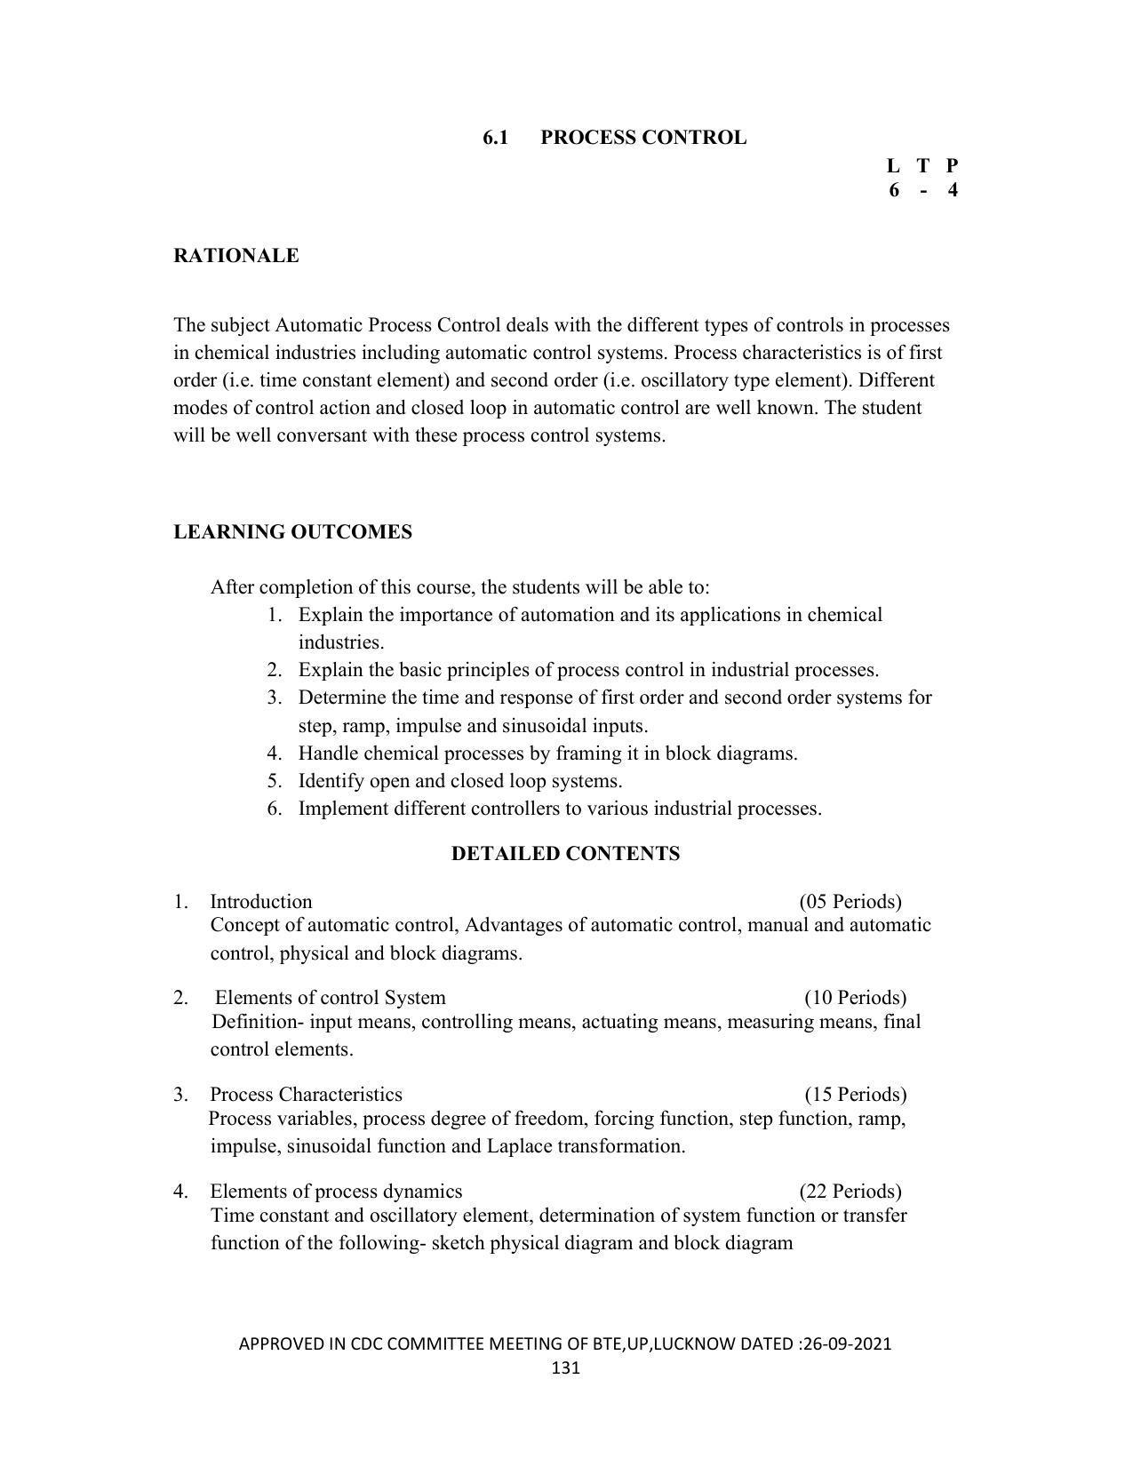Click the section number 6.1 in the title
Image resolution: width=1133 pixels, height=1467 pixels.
495,138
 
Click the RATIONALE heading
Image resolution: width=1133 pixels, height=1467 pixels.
235,256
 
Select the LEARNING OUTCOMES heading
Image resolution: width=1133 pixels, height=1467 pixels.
292,532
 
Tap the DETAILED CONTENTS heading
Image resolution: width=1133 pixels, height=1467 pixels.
565,854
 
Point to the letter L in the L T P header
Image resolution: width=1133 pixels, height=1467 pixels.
893,165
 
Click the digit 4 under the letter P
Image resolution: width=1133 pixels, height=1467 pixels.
953,189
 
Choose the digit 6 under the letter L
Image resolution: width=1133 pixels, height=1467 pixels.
893,189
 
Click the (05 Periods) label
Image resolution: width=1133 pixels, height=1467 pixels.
850,902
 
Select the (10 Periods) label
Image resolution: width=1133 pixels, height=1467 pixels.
855,998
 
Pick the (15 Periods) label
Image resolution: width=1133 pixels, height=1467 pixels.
855,1095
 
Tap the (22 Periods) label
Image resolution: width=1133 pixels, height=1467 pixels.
850,1192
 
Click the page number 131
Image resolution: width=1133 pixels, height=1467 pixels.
565,1367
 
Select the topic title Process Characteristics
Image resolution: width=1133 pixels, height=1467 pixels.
306,1095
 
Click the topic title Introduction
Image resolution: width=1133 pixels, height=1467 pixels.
260,902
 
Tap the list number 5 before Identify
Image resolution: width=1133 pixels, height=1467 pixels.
274,781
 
